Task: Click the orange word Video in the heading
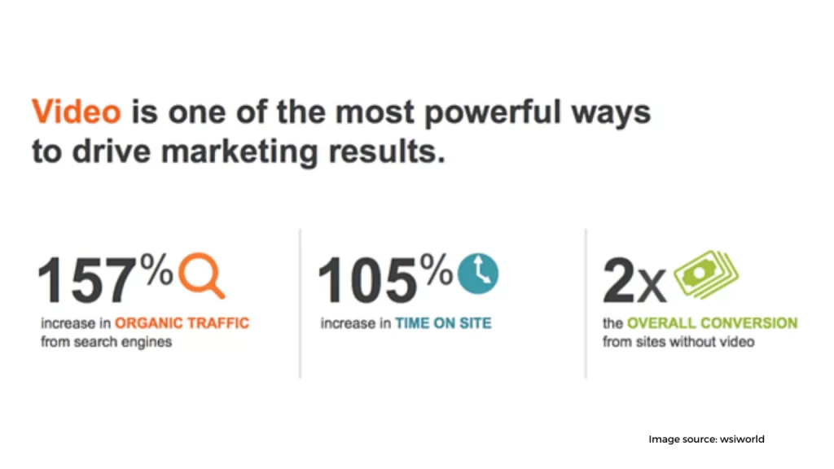point(77,112)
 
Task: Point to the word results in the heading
point(387,151)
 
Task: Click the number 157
point(86,280)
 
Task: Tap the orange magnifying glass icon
point(202,275)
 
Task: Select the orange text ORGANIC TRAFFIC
point(182,323)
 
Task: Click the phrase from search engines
point(107,342)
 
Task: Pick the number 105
point(367,280)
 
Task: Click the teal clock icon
point(478,274)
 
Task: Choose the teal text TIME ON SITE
point(444,323)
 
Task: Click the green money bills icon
point(706,274)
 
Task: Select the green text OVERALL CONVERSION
point(712,323)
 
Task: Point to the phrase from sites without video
point(678,342)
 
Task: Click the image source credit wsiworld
point(742,439)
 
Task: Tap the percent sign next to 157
point(157,269)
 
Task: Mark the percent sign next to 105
point(437,269)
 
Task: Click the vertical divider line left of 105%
point(300,304)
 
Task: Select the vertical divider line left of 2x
point(586,304)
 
